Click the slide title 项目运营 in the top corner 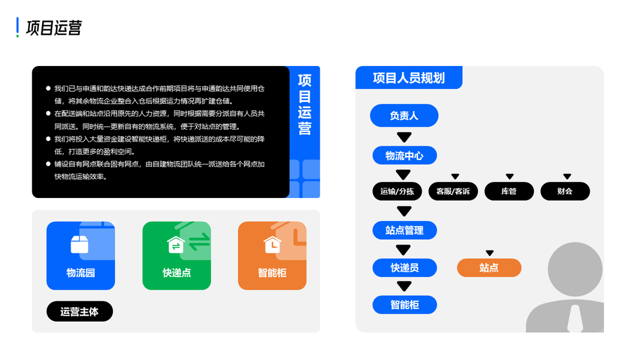[x=54, y=28]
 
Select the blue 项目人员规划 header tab [x=408, y=77]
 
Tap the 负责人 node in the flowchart [x=404, y=116]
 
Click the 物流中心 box [x=404, y=156]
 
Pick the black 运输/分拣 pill [x=397, y=191]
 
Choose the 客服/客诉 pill [x=453, y=191]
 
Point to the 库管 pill [x=509, y=191]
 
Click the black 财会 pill [x=564, y=191]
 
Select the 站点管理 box [x=404, y=230]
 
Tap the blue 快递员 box [x=404, y=268]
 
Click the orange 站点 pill [x=489, y=268]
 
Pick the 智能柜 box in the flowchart [x=404, y=305]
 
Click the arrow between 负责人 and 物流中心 [x=404, y=137]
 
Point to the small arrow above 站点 [x=489, y=253]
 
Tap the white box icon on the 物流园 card [x=79, y=244]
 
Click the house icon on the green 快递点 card [x=176, y=244]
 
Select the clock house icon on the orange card [x=272, y=244]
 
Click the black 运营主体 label [x=80, y=311]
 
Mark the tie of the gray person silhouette [x=575, y=319]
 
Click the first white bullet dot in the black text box [x=48, y=88]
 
